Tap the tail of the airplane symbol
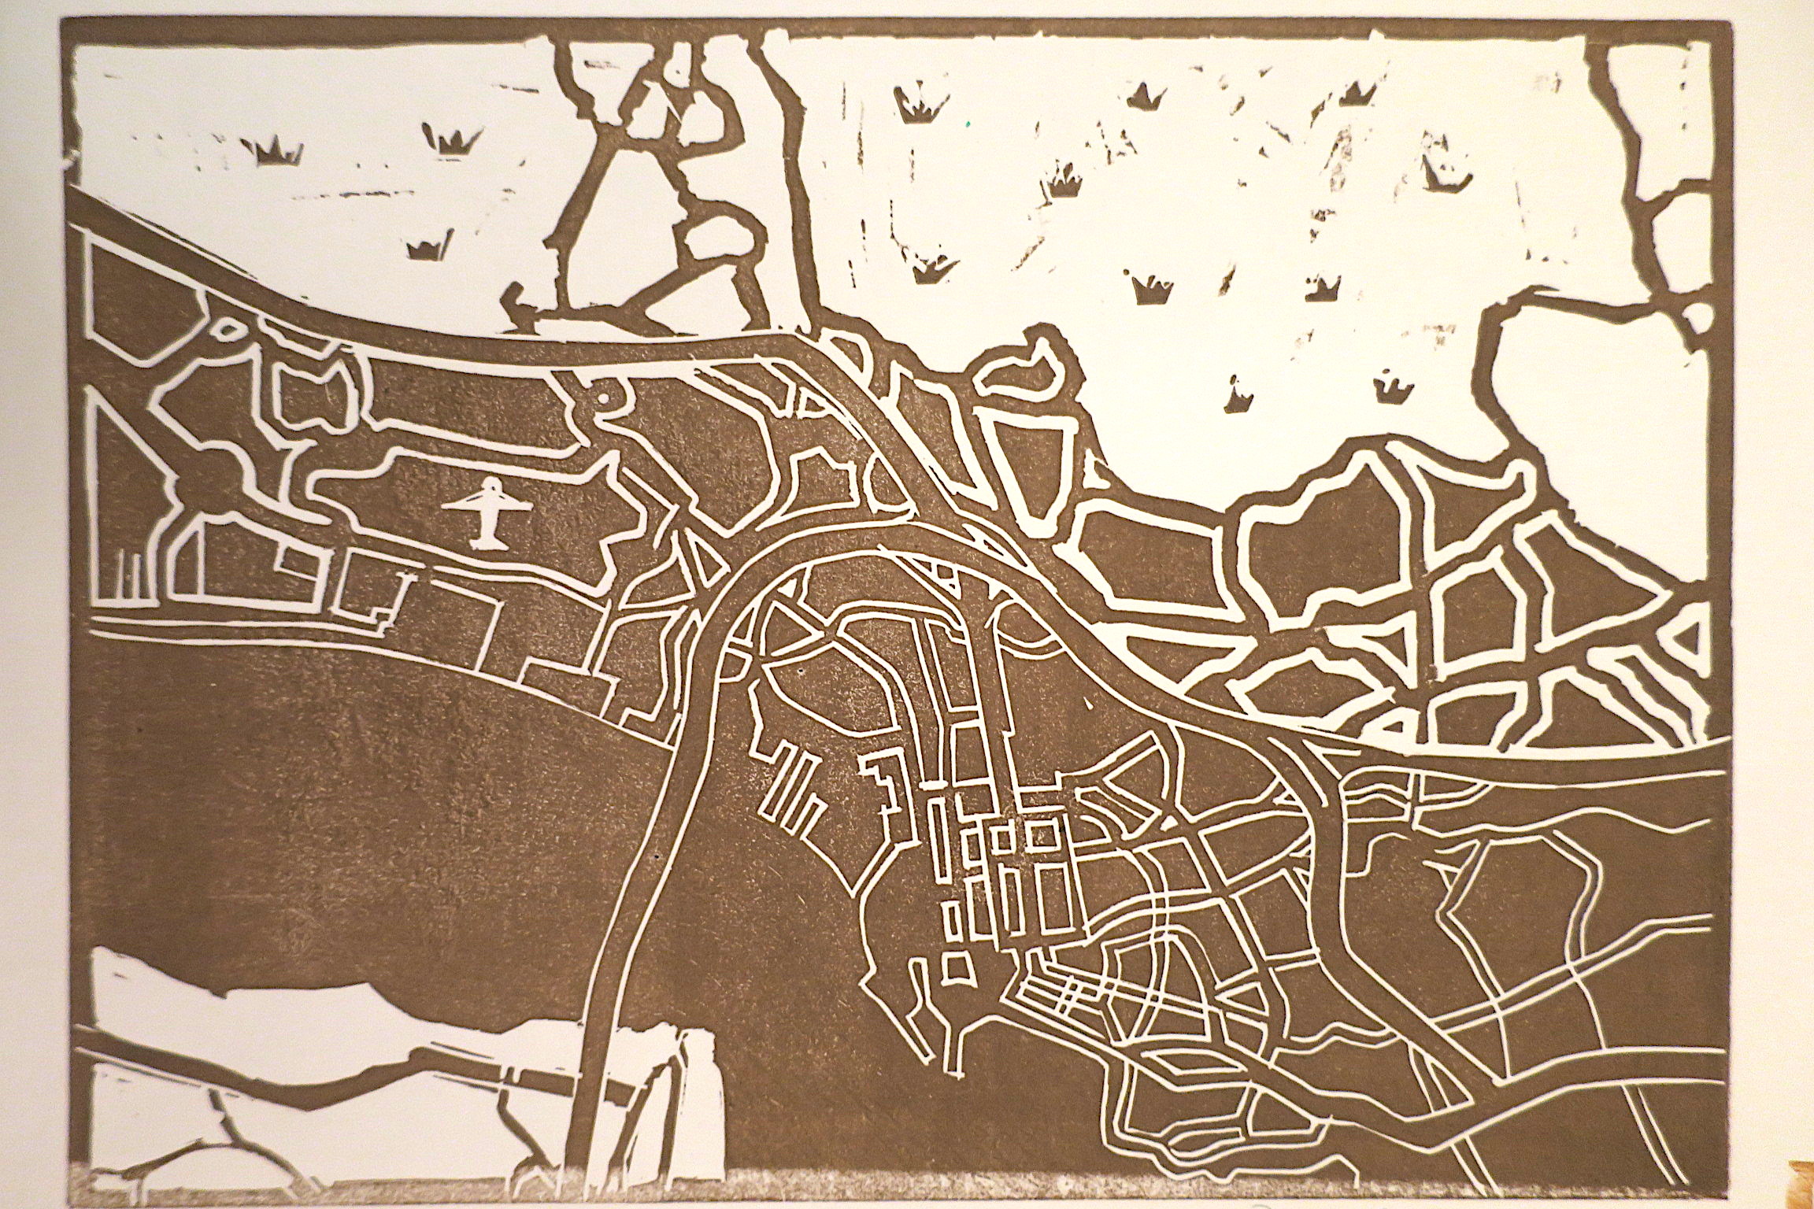(487, 540)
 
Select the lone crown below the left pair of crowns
(430, 246)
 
